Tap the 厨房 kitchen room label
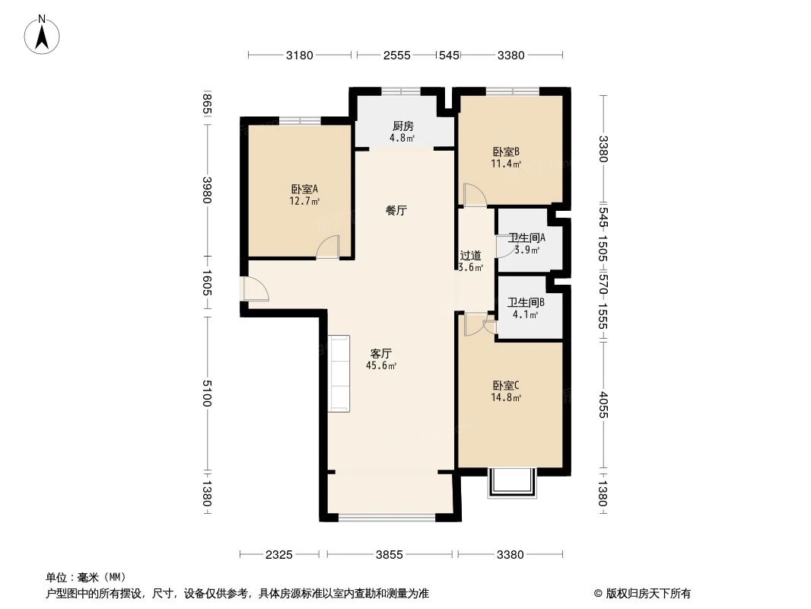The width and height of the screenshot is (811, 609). coord(402,126)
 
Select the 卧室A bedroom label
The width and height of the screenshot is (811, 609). coord(304,190)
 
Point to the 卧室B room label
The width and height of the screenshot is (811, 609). coord(506,151)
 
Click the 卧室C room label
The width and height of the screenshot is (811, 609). coord(506,385)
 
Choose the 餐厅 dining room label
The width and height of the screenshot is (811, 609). coord(396,211)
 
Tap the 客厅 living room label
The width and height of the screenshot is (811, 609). coord(380,353)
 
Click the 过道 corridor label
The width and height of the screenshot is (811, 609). coord(469,256)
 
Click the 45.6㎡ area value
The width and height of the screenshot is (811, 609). coord(381,365)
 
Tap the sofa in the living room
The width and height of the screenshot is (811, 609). coord(339,373)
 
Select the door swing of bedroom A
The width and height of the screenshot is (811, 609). coord(328,247)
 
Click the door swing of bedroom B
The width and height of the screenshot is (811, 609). coord(474,196)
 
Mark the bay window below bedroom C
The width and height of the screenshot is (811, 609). coord(511,483)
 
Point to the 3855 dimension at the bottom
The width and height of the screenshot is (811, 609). coord(389,555)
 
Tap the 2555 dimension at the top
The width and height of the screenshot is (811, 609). coord(396,55)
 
